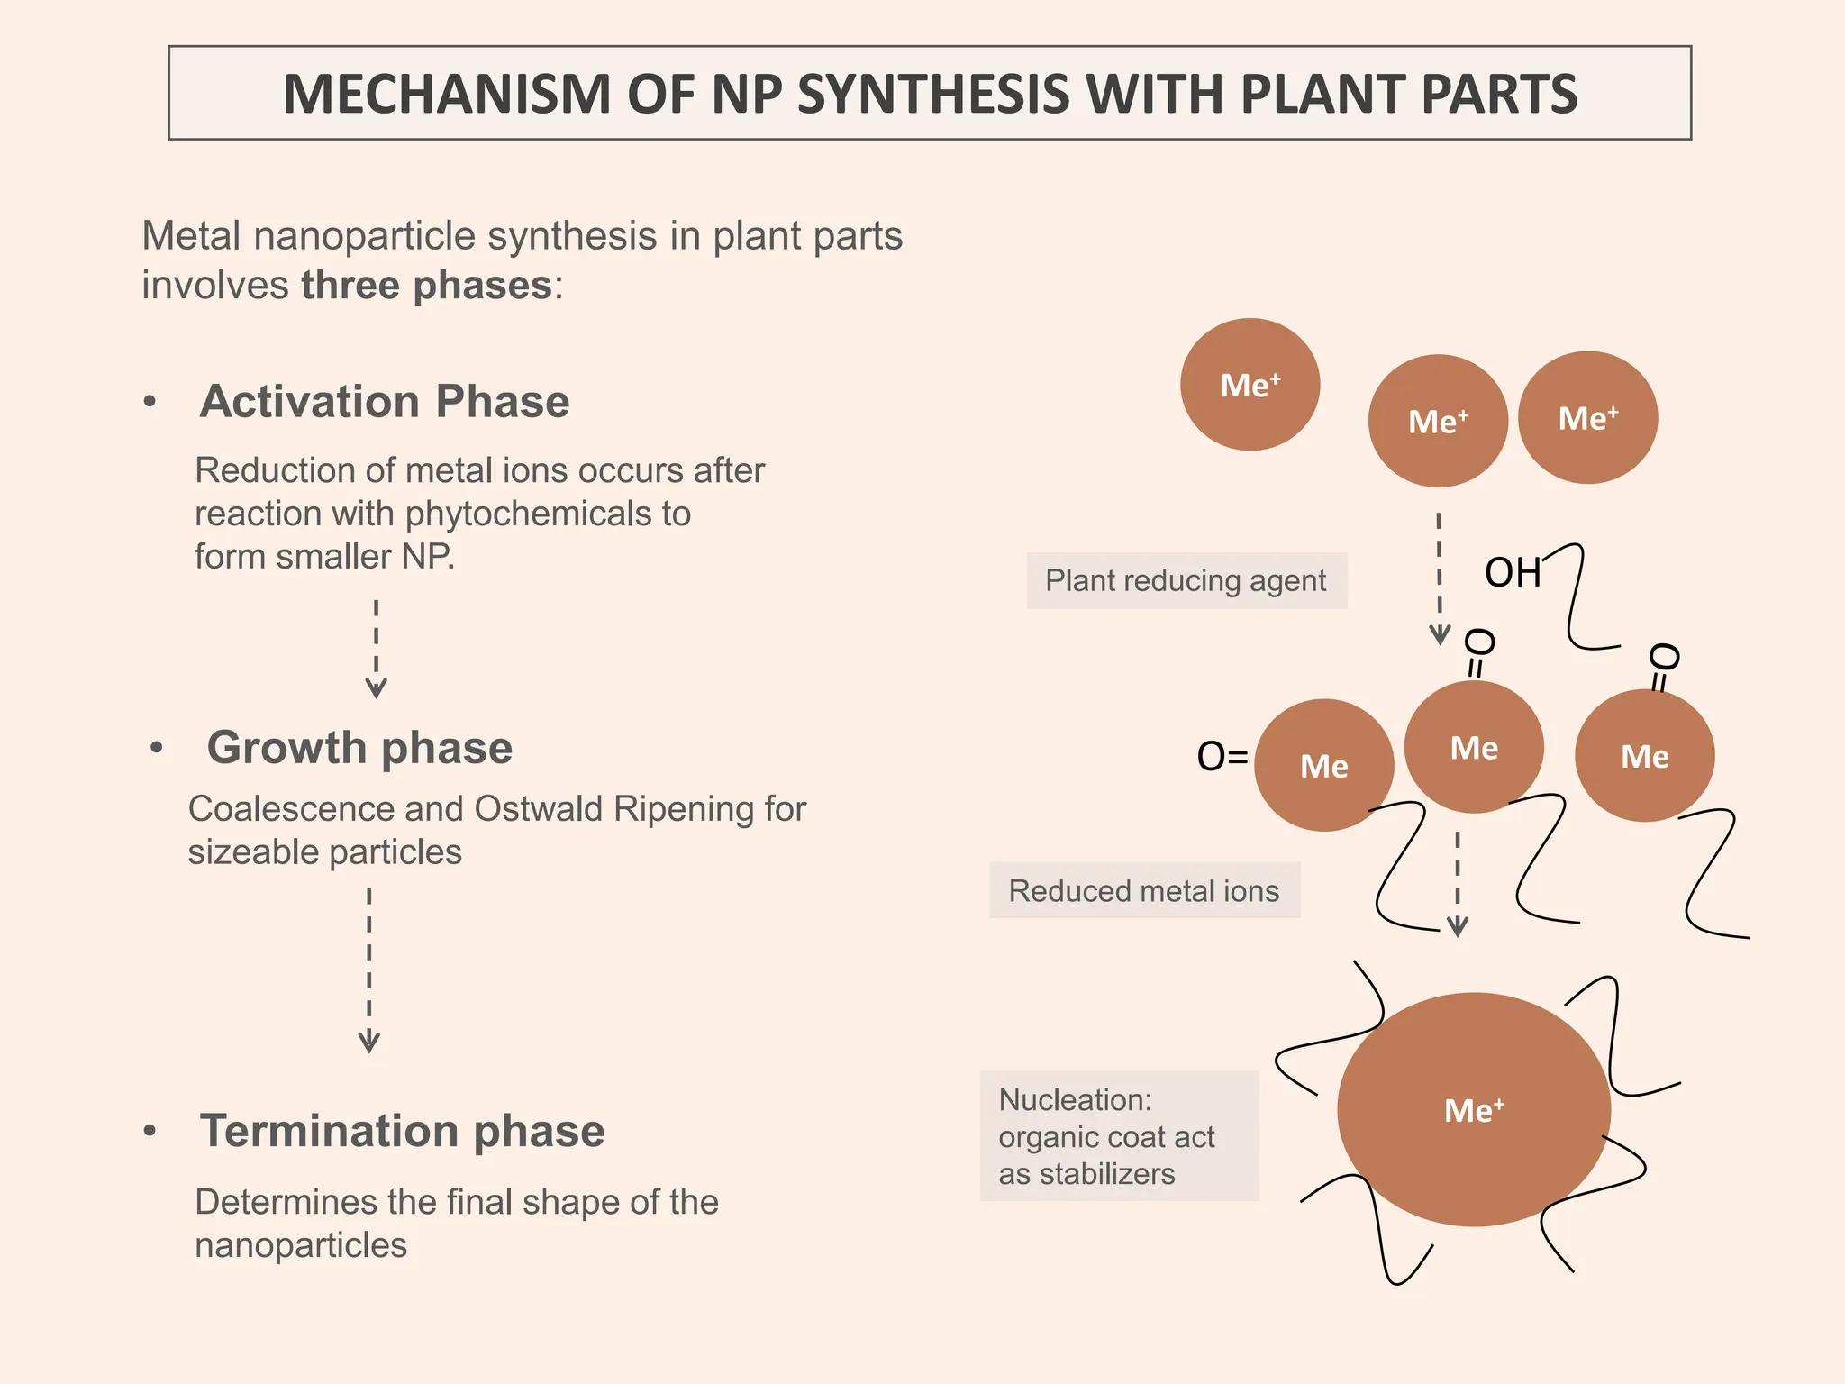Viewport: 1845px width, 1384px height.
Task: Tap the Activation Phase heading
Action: tap(385, 401)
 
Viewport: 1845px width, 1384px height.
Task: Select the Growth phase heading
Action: tap(359, 747)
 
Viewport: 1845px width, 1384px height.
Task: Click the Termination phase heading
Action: tap(402, 1130)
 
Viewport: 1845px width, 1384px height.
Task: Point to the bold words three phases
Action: tap(426, 286)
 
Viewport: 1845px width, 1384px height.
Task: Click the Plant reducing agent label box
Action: tap(1186, 580)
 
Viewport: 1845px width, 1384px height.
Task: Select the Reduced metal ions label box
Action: tap(1143, 890)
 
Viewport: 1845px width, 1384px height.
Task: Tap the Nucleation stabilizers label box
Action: tap(1118, 1135)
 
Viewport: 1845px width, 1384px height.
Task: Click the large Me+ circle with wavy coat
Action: tap(1473, 1109)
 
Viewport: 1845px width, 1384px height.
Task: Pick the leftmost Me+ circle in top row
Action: tap(1250, 385)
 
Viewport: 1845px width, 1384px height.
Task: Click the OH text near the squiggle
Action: tap(1513, 572)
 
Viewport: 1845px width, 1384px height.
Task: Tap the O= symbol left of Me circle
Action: tap(1222, 756)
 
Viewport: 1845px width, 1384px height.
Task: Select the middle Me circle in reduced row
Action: tap(1474, 747)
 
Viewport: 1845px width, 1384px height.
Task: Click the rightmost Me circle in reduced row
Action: tap(1644, 756)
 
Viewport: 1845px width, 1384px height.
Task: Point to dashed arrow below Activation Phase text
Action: tap(376, 649)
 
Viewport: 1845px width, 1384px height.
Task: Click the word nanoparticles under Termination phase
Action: tap(301, 1244)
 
